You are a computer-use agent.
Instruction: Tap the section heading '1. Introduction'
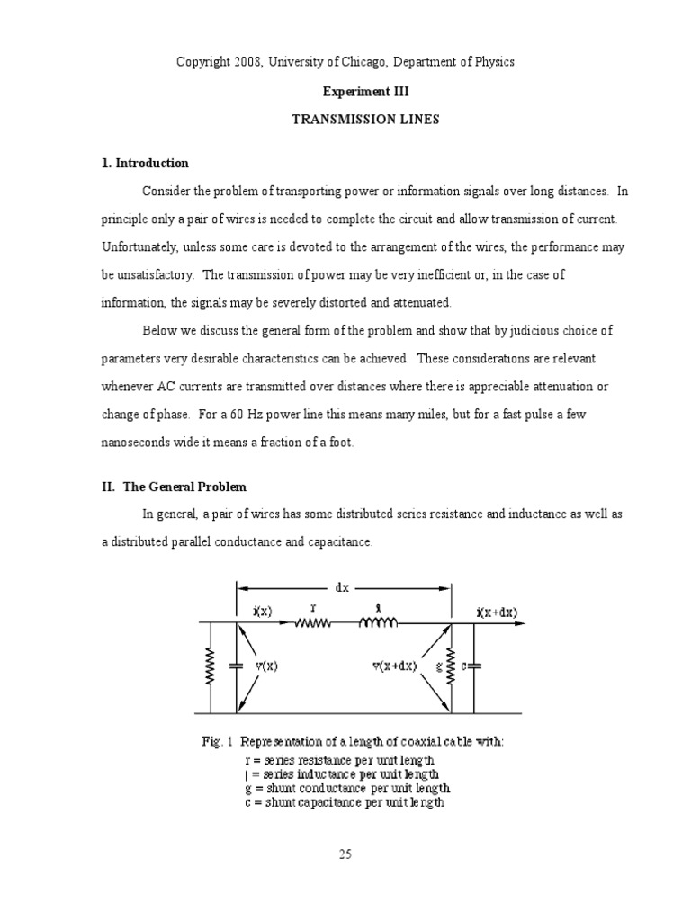tap(145, 164)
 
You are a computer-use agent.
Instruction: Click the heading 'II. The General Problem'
tap(173, 487)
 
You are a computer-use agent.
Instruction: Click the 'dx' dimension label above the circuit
tap(342, 587)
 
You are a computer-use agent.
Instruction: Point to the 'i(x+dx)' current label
tap(497, 613)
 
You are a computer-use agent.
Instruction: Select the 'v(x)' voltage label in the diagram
tap(265, 666)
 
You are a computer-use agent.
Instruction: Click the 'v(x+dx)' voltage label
tap(394, 666)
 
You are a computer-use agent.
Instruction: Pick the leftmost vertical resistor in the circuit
tap(210, 666)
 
